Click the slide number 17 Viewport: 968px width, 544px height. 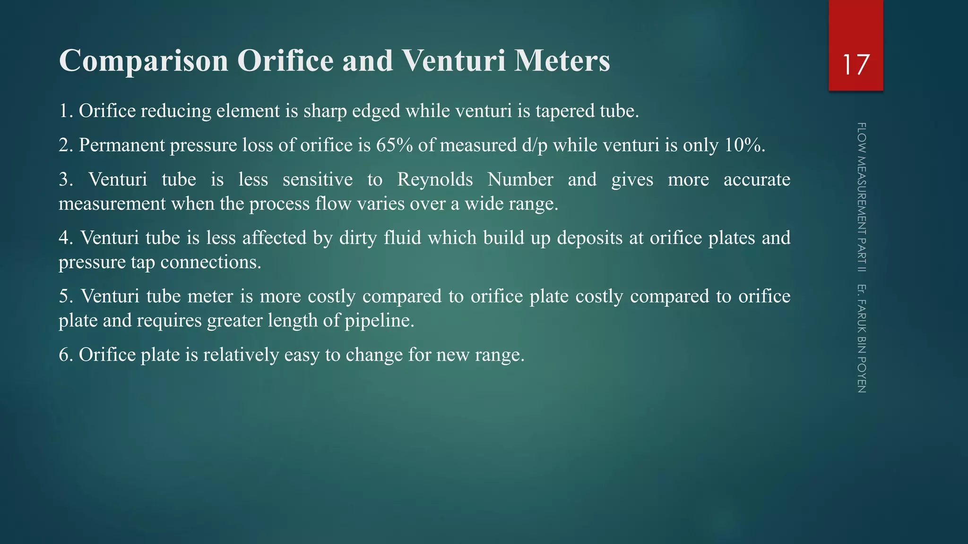(856, 65)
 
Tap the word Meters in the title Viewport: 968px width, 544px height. (562, 60)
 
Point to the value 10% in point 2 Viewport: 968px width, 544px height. (744, 145)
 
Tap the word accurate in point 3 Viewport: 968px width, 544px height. (757, 179)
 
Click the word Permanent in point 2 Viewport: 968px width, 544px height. (121, 145)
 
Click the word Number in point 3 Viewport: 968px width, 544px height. (520, 179)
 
